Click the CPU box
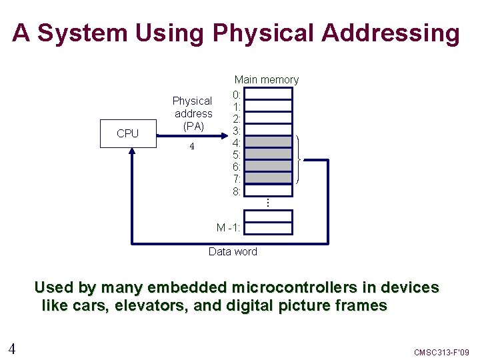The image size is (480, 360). click(127, 133)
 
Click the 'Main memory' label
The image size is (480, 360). click(266, 80)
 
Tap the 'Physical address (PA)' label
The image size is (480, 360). click(192, 113)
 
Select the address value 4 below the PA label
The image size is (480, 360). click(191, 147)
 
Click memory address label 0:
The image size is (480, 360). click(237, 94)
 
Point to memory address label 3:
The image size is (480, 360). click(237, 130)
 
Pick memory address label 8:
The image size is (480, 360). click(237, 191)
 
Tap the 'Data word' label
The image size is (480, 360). click(233, 251)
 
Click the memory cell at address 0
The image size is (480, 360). click(273, 93)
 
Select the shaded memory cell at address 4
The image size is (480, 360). click(273, 141)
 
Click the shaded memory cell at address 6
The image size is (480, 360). click(273, 166)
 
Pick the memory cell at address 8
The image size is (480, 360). click(273, 190)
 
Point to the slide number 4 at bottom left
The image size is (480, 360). click(12, 348)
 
